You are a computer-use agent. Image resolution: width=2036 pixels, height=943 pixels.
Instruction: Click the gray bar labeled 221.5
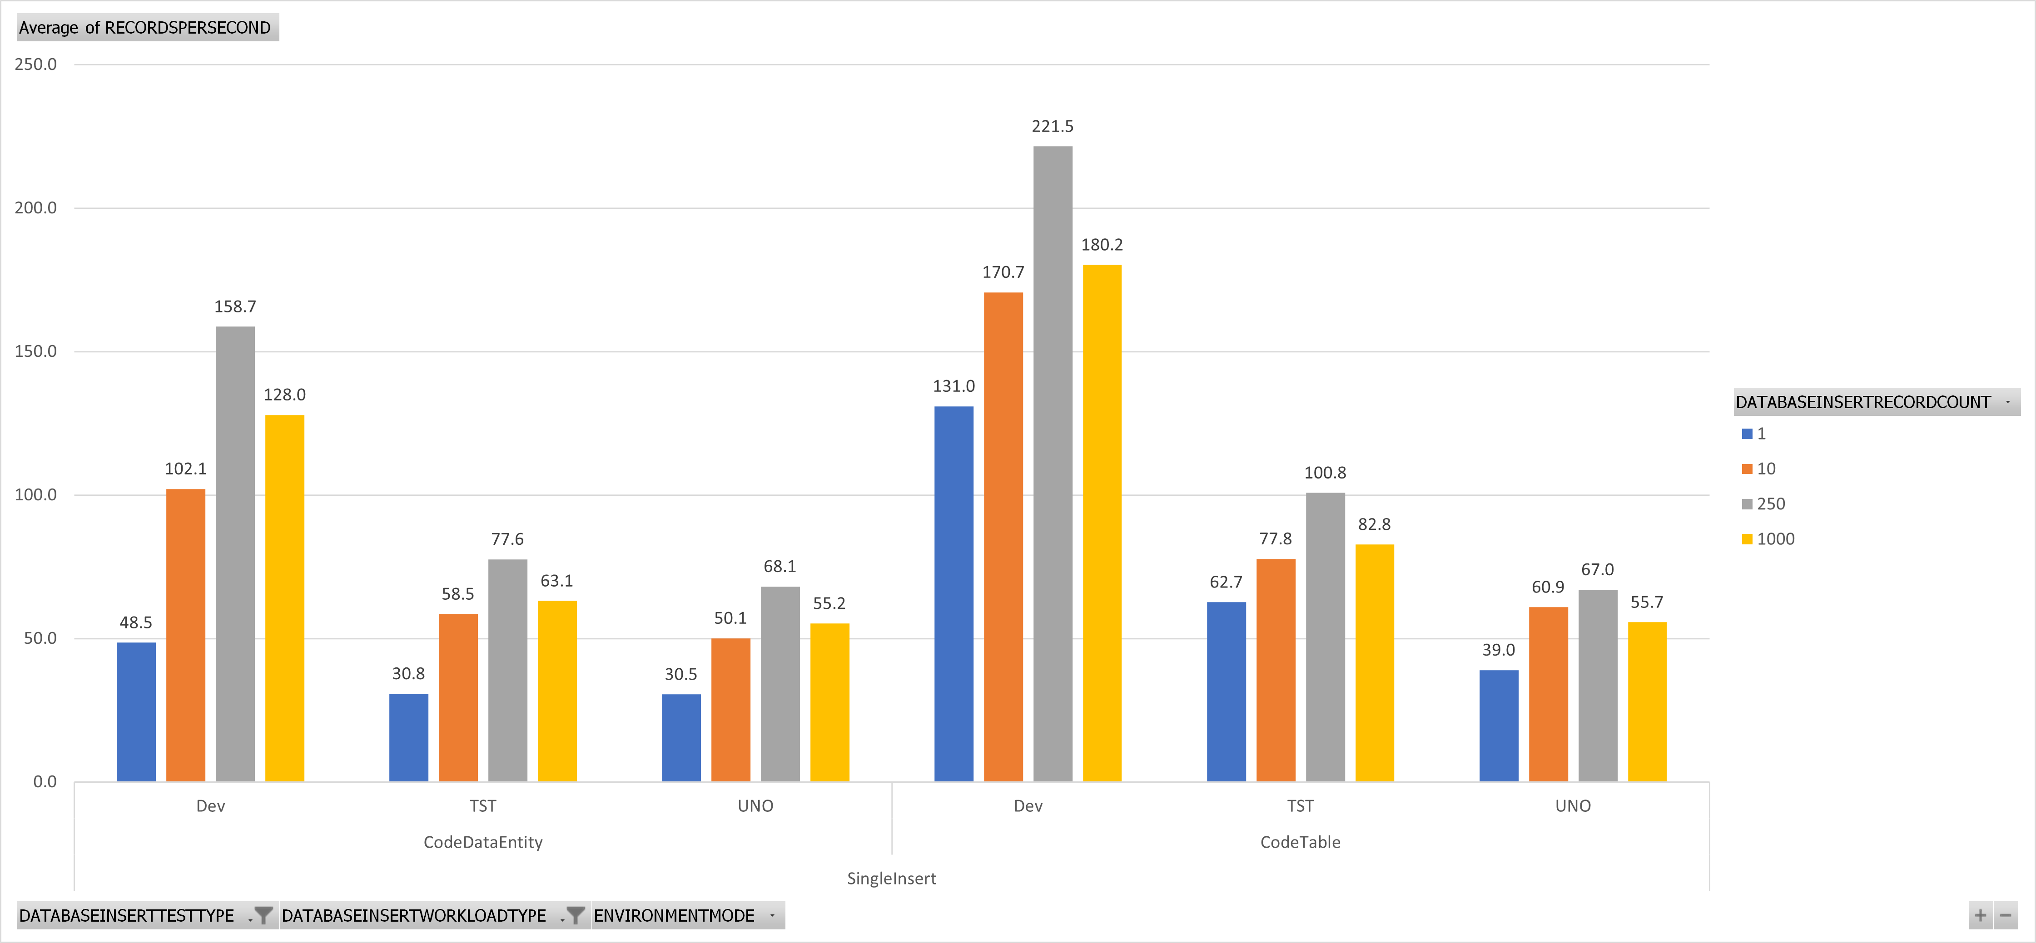pyautogui.click(x=1053, y=464)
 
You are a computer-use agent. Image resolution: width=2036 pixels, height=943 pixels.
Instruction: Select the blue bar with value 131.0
pyautogui.click(x=954, y=594)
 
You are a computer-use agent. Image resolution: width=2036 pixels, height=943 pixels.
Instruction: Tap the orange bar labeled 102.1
pyautogui.click(x=186, y=635)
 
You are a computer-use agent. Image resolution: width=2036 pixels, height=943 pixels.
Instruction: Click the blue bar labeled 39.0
pyautogui.click(x=1499, y=726)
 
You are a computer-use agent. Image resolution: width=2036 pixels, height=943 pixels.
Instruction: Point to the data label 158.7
pyautogui.click(x=235, y=306)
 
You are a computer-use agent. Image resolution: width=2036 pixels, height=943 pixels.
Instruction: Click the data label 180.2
pyautogui.click(x=1102, y=245)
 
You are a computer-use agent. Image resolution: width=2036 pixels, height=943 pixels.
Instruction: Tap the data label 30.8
pyautogui.click(x=409, y=674)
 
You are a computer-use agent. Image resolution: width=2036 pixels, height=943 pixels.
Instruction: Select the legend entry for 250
pyautogui.click(x=1763, y=504)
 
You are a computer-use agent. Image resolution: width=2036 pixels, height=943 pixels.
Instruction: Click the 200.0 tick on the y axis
pyautogui.click(x=35, y=207)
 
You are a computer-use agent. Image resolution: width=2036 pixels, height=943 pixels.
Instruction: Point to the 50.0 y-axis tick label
pyautogui.click(x=40, y=638)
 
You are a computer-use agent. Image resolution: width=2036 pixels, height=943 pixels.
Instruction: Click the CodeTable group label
pyautogui.click(x=1300, y=842)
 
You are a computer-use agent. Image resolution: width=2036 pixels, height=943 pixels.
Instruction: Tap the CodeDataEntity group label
pyautogui.click(x=483, y=842)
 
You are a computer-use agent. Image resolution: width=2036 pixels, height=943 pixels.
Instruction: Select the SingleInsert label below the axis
pyautogui.click(x=892, y=878)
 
